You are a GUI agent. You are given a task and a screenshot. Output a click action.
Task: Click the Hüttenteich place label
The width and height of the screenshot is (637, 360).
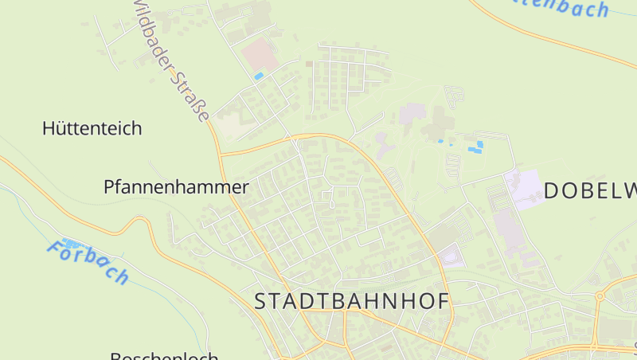(x=92, y=128)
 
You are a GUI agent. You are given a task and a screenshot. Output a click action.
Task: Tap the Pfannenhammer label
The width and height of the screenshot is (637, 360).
(x=176, y=187)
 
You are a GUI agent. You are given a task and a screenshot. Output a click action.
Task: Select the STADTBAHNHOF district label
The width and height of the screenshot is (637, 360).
(x=352, y=301)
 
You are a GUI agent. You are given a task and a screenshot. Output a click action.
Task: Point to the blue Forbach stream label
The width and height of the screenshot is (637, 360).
(x=88, y=261)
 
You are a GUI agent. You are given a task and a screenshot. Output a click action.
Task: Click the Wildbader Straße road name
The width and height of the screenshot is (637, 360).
(x=171, y=60)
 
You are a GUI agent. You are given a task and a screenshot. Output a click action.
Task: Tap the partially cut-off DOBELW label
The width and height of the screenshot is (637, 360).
(x=590, y=190)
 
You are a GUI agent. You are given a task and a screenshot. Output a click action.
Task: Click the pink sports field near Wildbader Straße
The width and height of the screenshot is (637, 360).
(x=260, y=57)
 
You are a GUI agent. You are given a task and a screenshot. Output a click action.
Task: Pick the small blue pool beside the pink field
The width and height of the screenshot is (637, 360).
(x=259, y=76)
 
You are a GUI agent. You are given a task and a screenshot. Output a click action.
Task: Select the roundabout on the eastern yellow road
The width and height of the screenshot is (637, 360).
(x=600, y=295)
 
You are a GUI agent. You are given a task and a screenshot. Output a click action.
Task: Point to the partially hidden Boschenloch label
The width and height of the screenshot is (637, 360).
(x=164, y=355)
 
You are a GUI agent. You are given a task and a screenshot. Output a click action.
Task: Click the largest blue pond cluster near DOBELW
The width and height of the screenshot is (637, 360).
(x=476, y=147)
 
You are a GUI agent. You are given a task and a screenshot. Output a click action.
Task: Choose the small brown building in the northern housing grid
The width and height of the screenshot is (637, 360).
(x=309, y=64)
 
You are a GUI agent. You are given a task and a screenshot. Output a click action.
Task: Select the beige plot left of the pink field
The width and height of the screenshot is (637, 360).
(x=231, y=126)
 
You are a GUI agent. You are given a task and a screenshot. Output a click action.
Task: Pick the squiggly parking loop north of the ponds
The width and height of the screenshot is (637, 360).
(x=455, y=98)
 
